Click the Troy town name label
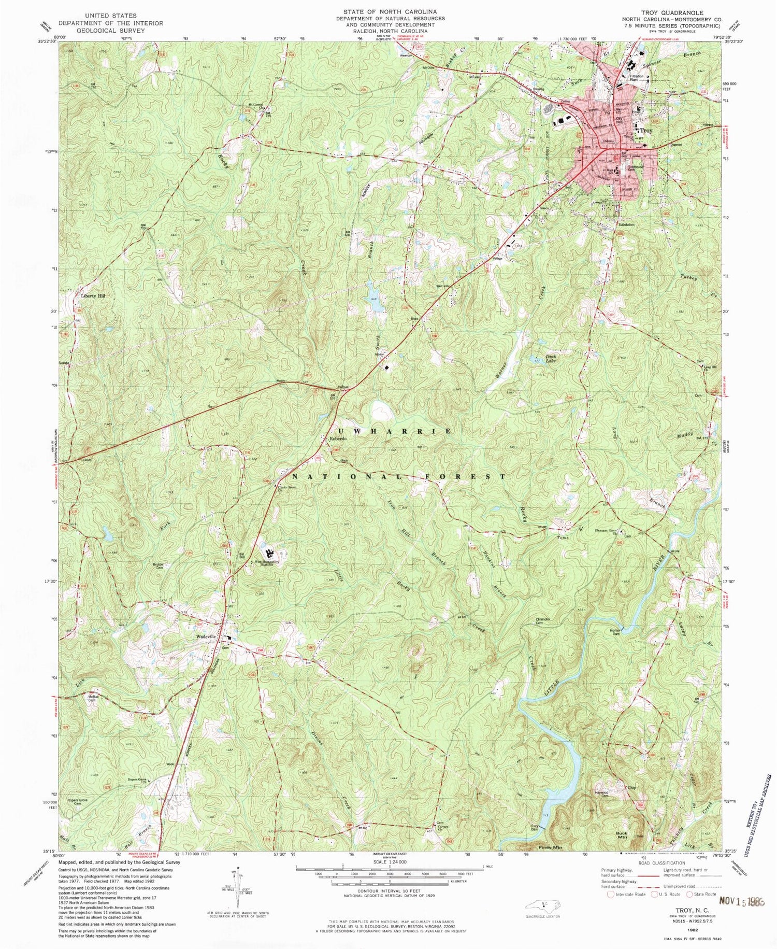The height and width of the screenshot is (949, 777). [x=646, y=131]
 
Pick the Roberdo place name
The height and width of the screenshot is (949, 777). [x=338, y=439]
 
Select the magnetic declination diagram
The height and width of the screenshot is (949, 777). [x=237, y=886]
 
